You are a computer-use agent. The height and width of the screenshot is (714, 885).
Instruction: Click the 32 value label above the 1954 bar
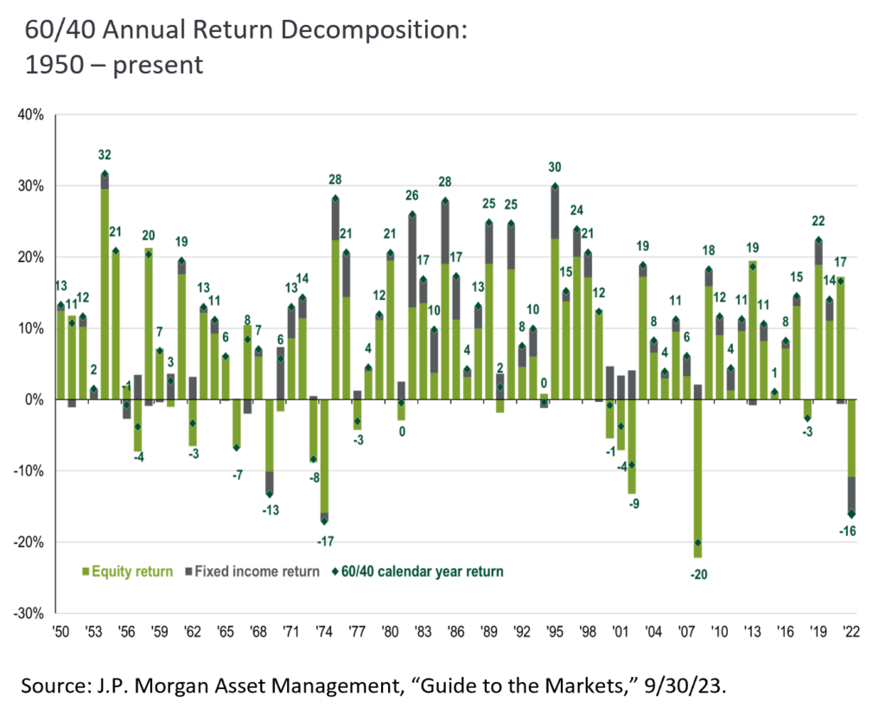point(105,155)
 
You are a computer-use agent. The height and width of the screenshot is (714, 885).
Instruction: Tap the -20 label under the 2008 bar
point(698,575)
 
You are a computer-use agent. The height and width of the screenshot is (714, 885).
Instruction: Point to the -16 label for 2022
point(847,531)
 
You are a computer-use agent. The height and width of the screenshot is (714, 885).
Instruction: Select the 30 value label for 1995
point(555,167)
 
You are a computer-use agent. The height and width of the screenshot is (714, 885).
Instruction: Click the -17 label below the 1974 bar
point(325,541)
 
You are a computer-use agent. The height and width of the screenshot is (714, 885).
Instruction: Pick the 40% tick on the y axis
point(30,115)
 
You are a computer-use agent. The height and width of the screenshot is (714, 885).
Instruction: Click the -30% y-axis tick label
point(29,614)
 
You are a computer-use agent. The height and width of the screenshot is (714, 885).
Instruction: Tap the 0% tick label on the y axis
point(34,399)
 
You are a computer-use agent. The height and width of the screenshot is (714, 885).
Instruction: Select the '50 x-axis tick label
point(60,632)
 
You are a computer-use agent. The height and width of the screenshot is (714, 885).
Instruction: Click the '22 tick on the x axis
point(850,632)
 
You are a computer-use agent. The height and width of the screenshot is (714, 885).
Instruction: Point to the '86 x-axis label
point(455,632)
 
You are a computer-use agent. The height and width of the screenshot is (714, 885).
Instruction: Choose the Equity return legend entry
point(128,571)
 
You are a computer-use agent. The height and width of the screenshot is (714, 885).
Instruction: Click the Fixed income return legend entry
point(252,571)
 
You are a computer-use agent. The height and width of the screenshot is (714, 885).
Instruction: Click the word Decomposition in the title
point(374,30)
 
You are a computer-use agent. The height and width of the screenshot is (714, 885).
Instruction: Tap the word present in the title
point(158,66)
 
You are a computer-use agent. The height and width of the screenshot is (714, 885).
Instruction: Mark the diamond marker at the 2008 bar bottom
point(697,542)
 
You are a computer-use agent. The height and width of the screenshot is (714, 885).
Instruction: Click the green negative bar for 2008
point(697,479)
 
